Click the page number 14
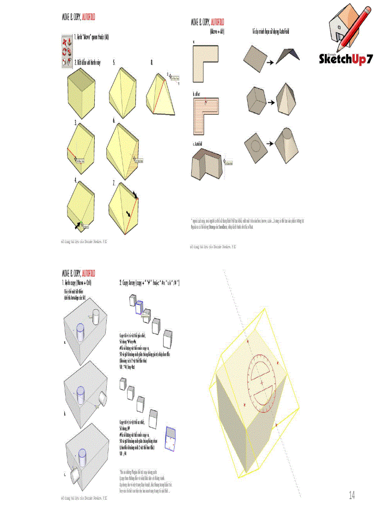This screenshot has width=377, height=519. [352, 496]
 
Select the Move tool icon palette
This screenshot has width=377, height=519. [67, 50]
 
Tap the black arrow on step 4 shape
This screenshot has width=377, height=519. [75, 225]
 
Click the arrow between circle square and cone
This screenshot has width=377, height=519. [271, 143]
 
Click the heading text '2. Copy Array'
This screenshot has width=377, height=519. [150, 282]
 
